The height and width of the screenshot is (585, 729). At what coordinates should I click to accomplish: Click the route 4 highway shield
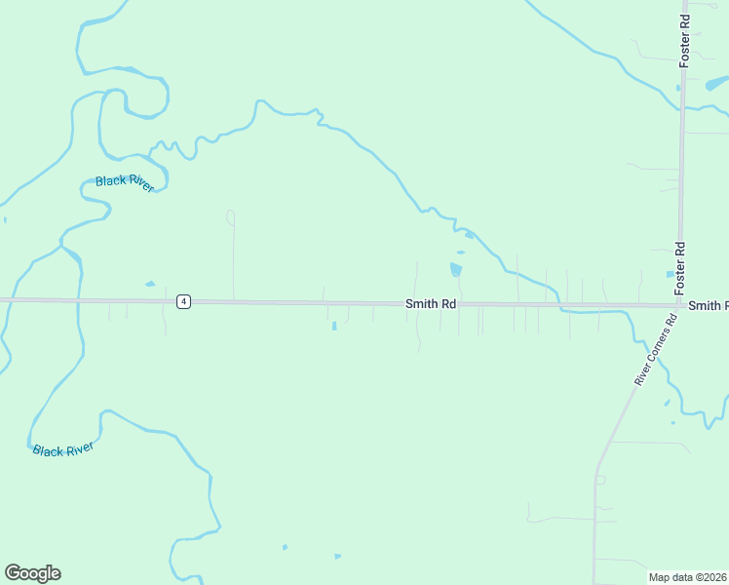(x=183, y=302)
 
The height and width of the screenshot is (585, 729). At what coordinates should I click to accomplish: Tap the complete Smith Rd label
(x=431, y=304)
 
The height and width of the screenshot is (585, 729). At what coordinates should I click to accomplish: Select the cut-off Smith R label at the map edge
(x=708, y=306)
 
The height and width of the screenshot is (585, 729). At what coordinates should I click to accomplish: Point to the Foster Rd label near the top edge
(x=686, y=34)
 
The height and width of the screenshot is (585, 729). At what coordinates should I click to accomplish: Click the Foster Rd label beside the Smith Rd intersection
(x=680, y=268)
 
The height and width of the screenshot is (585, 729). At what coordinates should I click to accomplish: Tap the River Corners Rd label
(x=655, y=350)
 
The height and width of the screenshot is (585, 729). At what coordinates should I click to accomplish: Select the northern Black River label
(x=125, y=183)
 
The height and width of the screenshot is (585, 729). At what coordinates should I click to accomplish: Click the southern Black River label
(x=62, y=449)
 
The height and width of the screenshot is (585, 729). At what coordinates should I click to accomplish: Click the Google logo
(x=32, y=573)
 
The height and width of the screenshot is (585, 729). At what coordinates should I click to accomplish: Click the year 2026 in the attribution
(x=714, y=577)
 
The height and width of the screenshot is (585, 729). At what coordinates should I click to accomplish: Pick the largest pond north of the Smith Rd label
(x=456, y=269)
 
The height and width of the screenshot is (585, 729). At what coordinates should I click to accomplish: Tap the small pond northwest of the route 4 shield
(x=149, y=285)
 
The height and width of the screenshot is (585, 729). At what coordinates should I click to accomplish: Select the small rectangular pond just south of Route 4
(x=334, y=326)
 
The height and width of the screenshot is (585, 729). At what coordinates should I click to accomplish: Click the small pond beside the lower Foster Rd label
(x=670, y=274)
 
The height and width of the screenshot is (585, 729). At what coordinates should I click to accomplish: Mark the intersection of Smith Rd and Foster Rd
(x=680, y=305)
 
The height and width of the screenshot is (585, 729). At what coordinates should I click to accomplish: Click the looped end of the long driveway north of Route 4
(x=231, y=215)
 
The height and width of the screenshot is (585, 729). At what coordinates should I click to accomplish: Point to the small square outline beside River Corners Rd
(x=600, y=480)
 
